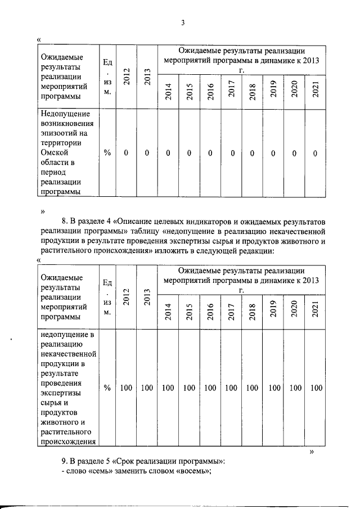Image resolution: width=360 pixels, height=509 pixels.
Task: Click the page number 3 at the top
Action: [x=183, y=23]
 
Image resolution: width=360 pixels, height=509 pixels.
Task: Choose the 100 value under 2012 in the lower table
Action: [x=127, y=388]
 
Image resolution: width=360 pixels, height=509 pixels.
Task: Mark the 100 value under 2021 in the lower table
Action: [x=316, y=388]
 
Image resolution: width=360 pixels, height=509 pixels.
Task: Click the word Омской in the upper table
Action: [x=55, y=152]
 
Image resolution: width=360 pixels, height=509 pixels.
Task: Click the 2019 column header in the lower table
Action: [x=273, y=311]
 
